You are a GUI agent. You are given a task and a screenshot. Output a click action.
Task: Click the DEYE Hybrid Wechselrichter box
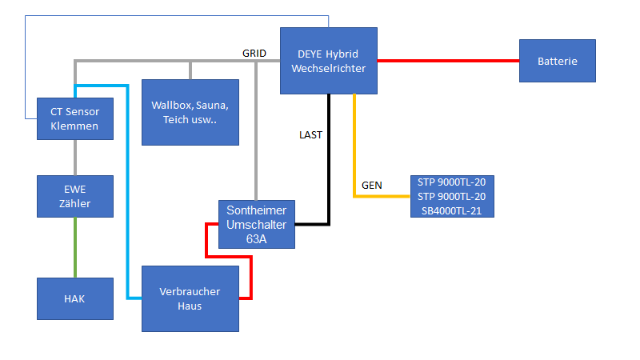(329, 60)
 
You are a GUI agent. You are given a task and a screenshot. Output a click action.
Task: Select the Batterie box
(557, 61)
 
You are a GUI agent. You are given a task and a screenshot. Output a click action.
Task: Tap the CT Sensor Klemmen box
(74, 118)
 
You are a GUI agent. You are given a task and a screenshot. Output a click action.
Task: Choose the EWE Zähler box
(74, 196)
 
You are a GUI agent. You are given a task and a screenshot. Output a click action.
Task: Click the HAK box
(74, 298)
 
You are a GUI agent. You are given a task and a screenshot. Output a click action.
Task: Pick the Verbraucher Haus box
(190, 298)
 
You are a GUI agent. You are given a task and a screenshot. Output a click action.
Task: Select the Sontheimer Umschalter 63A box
(256, 224)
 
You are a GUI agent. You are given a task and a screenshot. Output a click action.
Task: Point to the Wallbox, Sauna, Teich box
(190, 112)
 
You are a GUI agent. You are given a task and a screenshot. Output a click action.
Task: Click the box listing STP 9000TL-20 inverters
(451, 196)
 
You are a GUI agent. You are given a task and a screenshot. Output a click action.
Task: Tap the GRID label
(254, 53)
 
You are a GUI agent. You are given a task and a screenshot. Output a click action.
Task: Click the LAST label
(310, 134)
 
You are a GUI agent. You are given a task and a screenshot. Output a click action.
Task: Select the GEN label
(372, 185)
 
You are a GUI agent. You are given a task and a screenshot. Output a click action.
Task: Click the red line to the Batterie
(448, 60)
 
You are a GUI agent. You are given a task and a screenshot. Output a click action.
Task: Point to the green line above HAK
(74, 247)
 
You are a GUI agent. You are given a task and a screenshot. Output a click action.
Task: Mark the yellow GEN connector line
(354, 152)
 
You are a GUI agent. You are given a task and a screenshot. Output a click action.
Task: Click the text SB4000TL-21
(451, 210)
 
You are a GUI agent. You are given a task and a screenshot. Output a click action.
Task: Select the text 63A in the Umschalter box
(256, 238)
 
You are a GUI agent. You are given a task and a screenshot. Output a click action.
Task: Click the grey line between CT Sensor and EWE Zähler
(74, 158)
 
